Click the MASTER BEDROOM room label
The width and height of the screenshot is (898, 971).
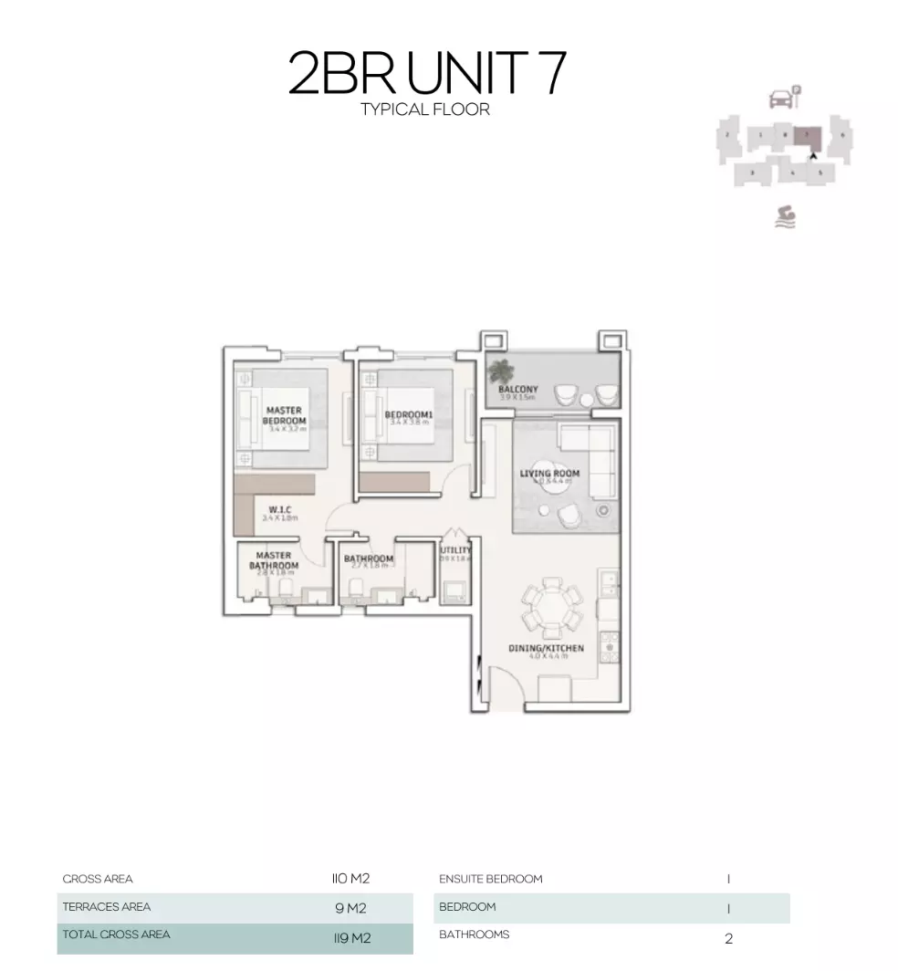coord(284,415)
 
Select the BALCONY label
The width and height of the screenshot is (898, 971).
coord(517,390)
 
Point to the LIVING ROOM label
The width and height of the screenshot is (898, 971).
coord(549,474)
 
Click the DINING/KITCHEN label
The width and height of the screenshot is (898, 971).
coord(546,648)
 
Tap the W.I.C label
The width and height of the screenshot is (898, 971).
coord(279,509)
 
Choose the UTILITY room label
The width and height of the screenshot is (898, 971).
coord(455,550)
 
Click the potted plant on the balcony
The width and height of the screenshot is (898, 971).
coord(500,371)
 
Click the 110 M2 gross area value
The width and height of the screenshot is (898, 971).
coord(350,879)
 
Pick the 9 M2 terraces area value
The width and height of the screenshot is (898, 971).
coord(350,908)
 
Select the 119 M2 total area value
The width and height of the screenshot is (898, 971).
coord(350,936)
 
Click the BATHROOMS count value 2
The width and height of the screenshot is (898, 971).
coord(728,937)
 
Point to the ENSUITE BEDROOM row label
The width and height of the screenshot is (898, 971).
coord(490,879)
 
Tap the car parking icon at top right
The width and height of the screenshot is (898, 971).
coord(782,98)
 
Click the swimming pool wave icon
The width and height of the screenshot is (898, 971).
coord(783,216)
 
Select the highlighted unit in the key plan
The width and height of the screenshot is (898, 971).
coord(807,138)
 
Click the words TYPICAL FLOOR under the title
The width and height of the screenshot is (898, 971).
coord(424,110)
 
